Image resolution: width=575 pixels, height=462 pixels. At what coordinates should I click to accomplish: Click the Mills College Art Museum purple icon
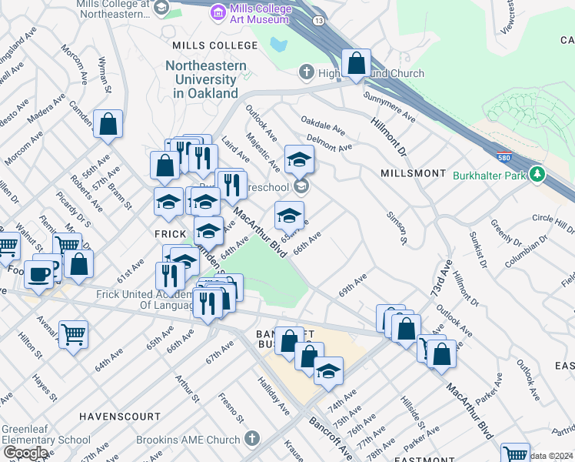coord(219,11)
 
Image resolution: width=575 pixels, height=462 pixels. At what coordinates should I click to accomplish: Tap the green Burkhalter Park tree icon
coord(538,175)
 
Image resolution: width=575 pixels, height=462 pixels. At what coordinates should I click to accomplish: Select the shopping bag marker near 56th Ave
coord(108,123)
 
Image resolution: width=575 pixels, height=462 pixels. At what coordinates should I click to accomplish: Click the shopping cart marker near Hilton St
coord(73,334)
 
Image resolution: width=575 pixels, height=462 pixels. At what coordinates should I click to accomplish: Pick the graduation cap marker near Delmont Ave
coord(299,159)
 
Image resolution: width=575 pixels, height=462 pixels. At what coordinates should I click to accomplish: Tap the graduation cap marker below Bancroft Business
coord(328,370)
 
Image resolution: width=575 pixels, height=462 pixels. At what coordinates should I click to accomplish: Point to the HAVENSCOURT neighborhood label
coord(120,417)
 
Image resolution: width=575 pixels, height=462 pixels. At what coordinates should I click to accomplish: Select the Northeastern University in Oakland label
coord(205,79)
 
